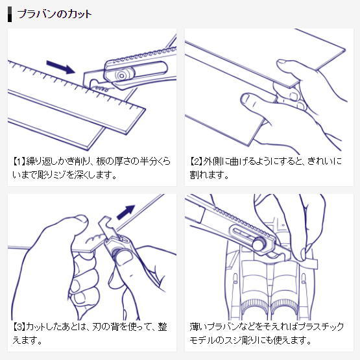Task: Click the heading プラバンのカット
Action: pyautogui.click(x=54, y=14)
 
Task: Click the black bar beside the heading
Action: pyautogui.click(x=10, y=14)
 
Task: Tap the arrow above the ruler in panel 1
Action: pyautogui.click(x=61, y=67)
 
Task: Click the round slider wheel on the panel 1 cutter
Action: pyautogui.click(x=121, y=75)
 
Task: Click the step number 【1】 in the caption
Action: pyautogui.click(x=19, y=162)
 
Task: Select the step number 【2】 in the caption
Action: pyautogui.click(x=196, y=162)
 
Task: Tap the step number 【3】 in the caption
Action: pyautogui.click(x=19, y=327)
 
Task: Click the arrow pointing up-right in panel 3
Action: pyautogui.click(x=126, y=212)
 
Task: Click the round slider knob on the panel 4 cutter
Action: pyautogui.click(x=259, y=244)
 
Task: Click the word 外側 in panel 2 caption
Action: pyautogui.click(x=211, y=162)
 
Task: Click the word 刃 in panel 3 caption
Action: pyautogui.click(x=97, y=327)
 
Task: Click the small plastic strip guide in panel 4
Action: pyautogui.click(x=310, y=264)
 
